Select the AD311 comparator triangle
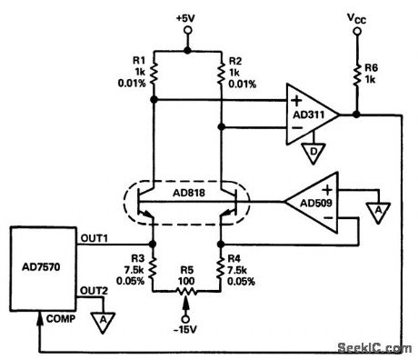click(x=310, y=114)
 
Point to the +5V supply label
click(x=187, y=16)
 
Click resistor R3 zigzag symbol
click(x=154, y=267)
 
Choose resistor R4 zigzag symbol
click(x=222, y=267)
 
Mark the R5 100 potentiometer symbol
click(x=187, y=294)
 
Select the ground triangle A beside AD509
click(x=373, y=210)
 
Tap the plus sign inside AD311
click(x=295, y=98)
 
